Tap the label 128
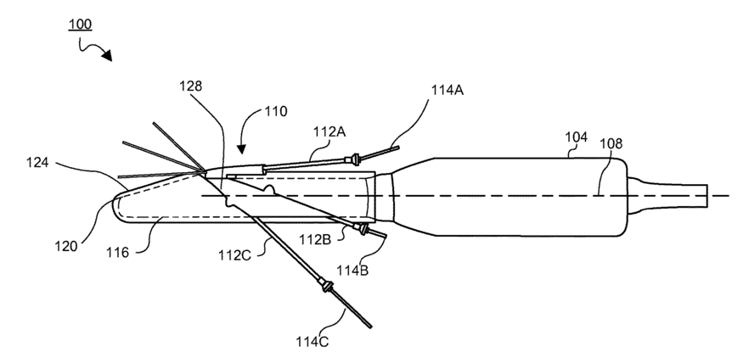(192, 85)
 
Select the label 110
(274, 111)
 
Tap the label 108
(611, 144)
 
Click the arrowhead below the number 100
(108, 57)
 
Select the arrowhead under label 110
(239, 149)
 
